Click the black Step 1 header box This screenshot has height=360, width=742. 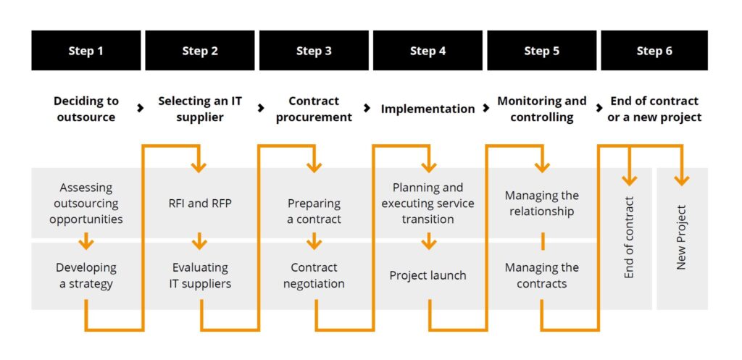click(86, 51)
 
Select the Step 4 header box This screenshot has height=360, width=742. click(428, 51)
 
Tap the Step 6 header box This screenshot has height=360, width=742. click(654, 51)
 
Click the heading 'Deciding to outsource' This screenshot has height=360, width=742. click(86, 109)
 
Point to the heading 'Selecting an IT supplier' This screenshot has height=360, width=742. click(200, 109)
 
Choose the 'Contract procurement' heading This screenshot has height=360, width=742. click(314, 109)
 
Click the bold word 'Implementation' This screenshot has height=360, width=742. click(428, 109)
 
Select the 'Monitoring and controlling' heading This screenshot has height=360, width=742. click(541, 109)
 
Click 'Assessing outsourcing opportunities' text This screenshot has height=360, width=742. click(86, 203)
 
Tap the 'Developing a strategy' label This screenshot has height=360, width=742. click(86, 275)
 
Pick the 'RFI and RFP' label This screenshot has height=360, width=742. click(200, 204)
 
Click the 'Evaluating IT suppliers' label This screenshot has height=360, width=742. click(200, 275)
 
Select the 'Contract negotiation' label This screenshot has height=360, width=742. click(314, 275)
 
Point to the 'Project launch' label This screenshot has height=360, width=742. click(428, 275)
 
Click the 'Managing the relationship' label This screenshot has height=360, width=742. click(541, 204)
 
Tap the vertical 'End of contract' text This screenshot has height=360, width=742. click(629, 238)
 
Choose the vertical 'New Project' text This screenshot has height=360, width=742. click(681, 238)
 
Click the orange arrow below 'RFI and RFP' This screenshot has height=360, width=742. click(200, 240)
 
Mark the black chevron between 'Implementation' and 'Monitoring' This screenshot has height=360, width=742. click(485, 109)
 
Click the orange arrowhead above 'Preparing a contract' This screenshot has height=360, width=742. click(314, 167)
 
